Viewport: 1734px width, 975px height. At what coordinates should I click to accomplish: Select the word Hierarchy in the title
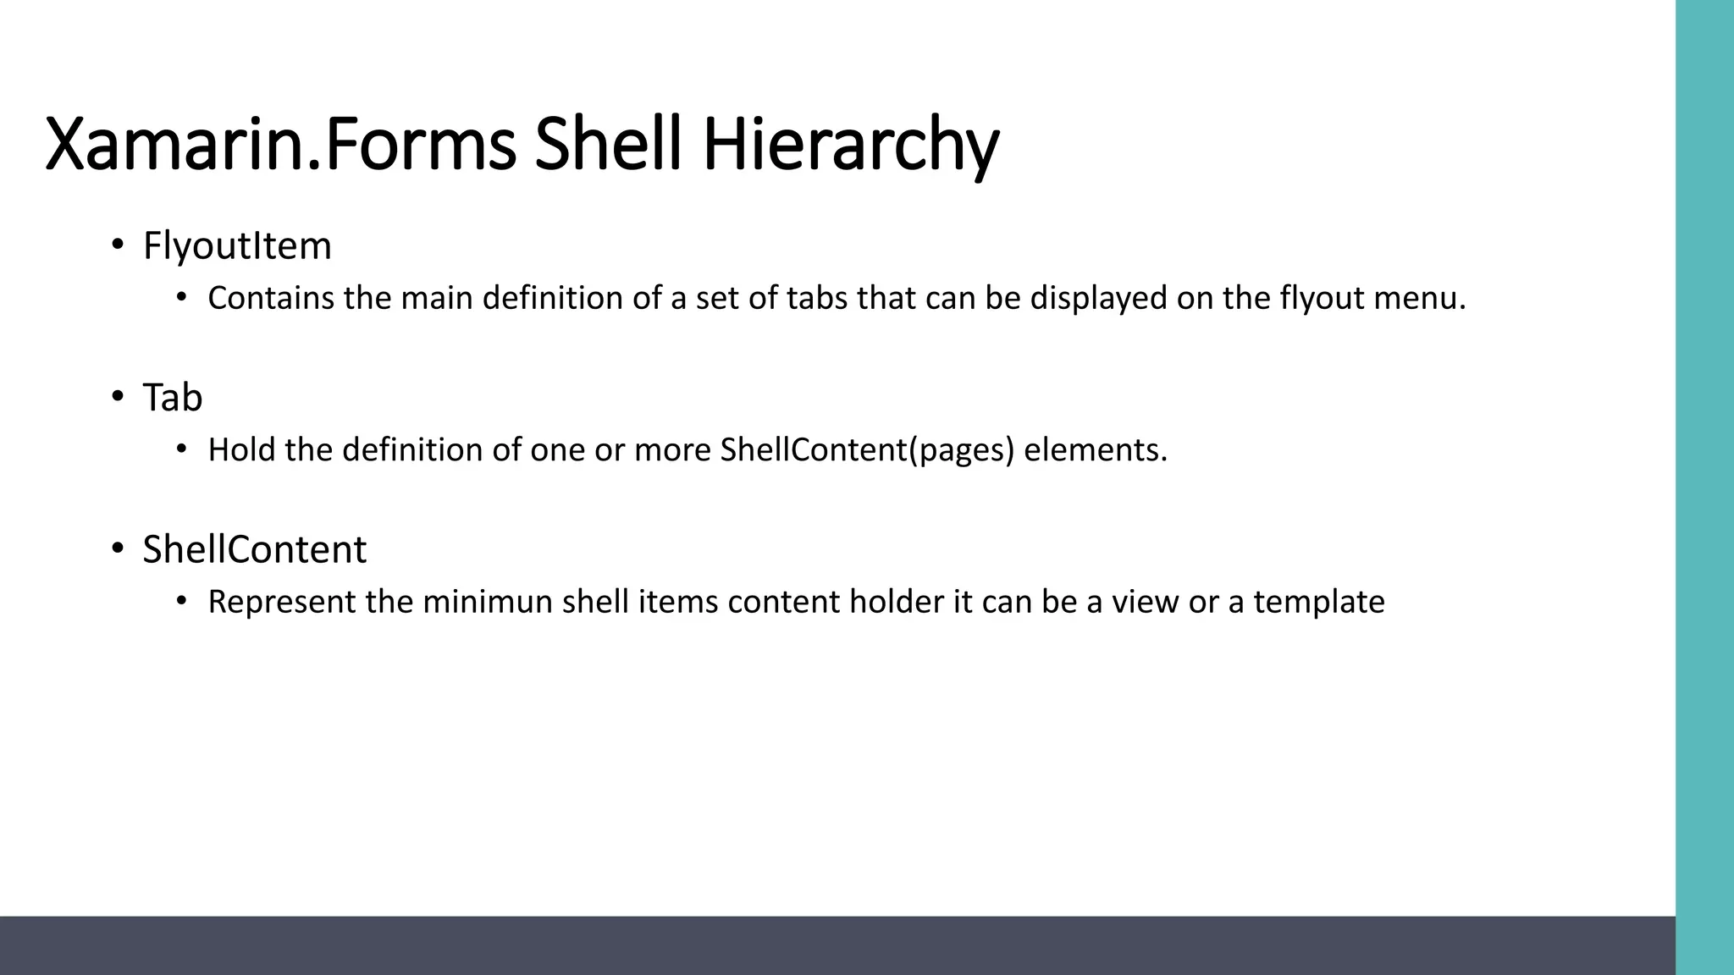tap(850, 146)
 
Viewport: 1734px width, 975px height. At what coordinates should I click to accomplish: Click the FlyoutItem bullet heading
tap(237, 246)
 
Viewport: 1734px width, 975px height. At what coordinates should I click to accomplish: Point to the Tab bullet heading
tap(173, 398)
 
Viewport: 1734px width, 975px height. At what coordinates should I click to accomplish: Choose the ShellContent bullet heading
tap(254, 549)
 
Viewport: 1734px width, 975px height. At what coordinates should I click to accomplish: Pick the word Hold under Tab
tap(242, 449)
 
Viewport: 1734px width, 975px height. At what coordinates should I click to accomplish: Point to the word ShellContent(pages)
tap(867, 450)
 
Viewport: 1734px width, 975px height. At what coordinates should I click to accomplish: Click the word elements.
tap(1096, 449)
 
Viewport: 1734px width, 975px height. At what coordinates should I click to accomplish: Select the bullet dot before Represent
tap(180, 601)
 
